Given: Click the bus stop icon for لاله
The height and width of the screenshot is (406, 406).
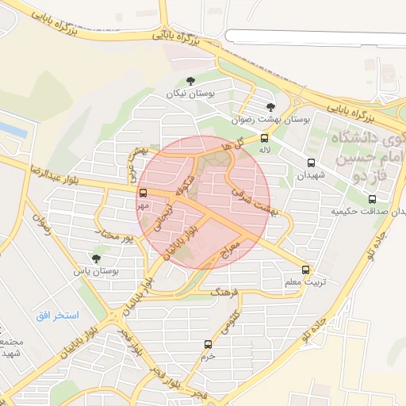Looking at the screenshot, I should (x=264, y=138).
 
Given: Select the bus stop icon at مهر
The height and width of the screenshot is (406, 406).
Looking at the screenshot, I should (x=144, y=193).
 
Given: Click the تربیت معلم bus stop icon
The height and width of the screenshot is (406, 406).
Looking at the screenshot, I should (x=306, y=270).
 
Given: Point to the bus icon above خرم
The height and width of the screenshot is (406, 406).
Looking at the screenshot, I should (x=209, y=344).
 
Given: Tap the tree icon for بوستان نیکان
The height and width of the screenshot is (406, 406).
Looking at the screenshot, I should (x=190, y=81).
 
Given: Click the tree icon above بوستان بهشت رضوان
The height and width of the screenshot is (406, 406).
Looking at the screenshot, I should (x=271, y=106).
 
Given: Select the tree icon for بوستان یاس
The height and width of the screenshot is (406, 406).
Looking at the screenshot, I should (x=97, y=259).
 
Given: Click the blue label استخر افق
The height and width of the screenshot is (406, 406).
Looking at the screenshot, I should (x=57, y=316).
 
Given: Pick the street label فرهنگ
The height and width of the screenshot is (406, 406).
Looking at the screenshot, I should (x=224, y=293).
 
